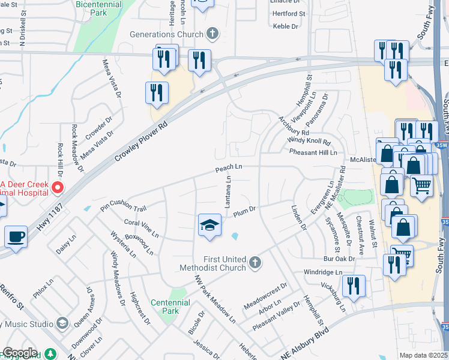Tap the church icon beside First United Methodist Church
[x=255, y=262]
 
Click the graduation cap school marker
[x=208, y=225]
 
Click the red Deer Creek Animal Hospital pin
[x=58, y=188]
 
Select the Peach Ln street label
[x=229, y=168]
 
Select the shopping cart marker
[x=422, y=186]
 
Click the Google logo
[x=19, y=353]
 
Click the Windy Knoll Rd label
[x=309, y=141]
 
